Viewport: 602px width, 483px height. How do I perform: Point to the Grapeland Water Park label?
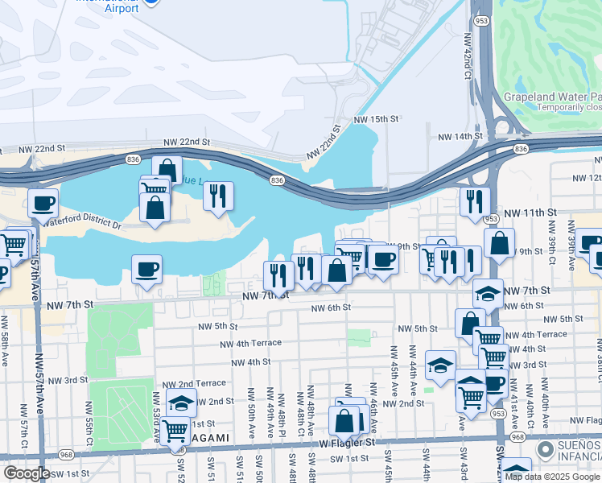[x=552, y=97]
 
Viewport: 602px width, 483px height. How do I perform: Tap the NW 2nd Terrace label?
[x=194, y=385]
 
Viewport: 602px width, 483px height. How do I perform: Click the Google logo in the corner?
[x=26, y=473]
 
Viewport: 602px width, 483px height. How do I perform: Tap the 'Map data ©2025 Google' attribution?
[x=552, y=477]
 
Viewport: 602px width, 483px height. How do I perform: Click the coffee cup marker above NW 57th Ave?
[x=43, y=203]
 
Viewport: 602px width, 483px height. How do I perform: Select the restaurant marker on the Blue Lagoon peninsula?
[x=218, y=196]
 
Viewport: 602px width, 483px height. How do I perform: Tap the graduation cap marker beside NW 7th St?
[x=488, y=294]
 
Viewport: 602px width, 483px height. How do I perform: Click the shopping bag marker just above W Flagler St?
[x=344, y=420]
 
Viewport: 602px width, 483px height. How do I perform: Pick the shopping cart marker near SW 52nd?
[x=175, y=430]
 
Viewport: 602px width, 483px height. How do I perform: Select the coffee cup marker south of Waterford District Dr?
[x=146, y=269]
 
